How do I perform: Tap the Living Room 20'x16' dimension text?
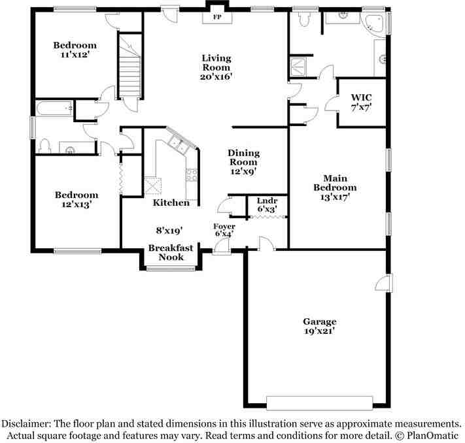(216, 76)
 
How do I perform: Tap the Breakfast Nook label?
(170, 252)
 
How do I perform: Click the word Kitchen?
(171, 203)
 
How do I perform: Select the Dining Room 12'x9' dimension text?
(243, 171)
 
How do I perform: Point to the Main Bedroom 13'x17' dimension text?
(338, 197)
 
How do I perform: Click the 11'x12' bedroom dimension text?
(75, 56)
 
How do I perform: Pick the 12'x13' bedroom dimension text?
(76, 205)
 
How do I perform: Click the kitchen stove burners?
(192, 174)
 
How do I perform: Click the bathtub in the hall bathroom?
(54, 108)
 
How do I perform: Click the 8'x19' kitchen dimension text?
(169, 230)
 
